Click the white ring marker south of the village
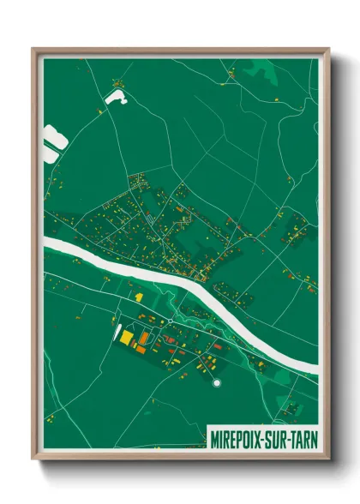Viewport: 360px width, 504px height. coord(217,382)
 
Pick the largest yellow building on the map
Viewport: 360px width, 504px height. coord(127,339)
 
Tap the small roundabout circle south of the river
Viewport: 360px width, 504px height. coord(171,321)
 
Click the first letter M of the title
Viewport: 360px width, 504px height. coord(214,439)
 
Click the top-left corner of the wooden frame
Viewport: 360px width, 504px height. coord(33,48)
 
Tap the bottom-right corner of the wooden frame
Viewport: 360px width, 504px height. coord(328,460)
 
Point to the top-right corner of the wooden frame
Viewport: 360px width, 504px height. coord(328,48)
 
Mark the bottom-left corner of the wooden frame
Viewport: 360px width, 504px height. coord(33,460)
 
